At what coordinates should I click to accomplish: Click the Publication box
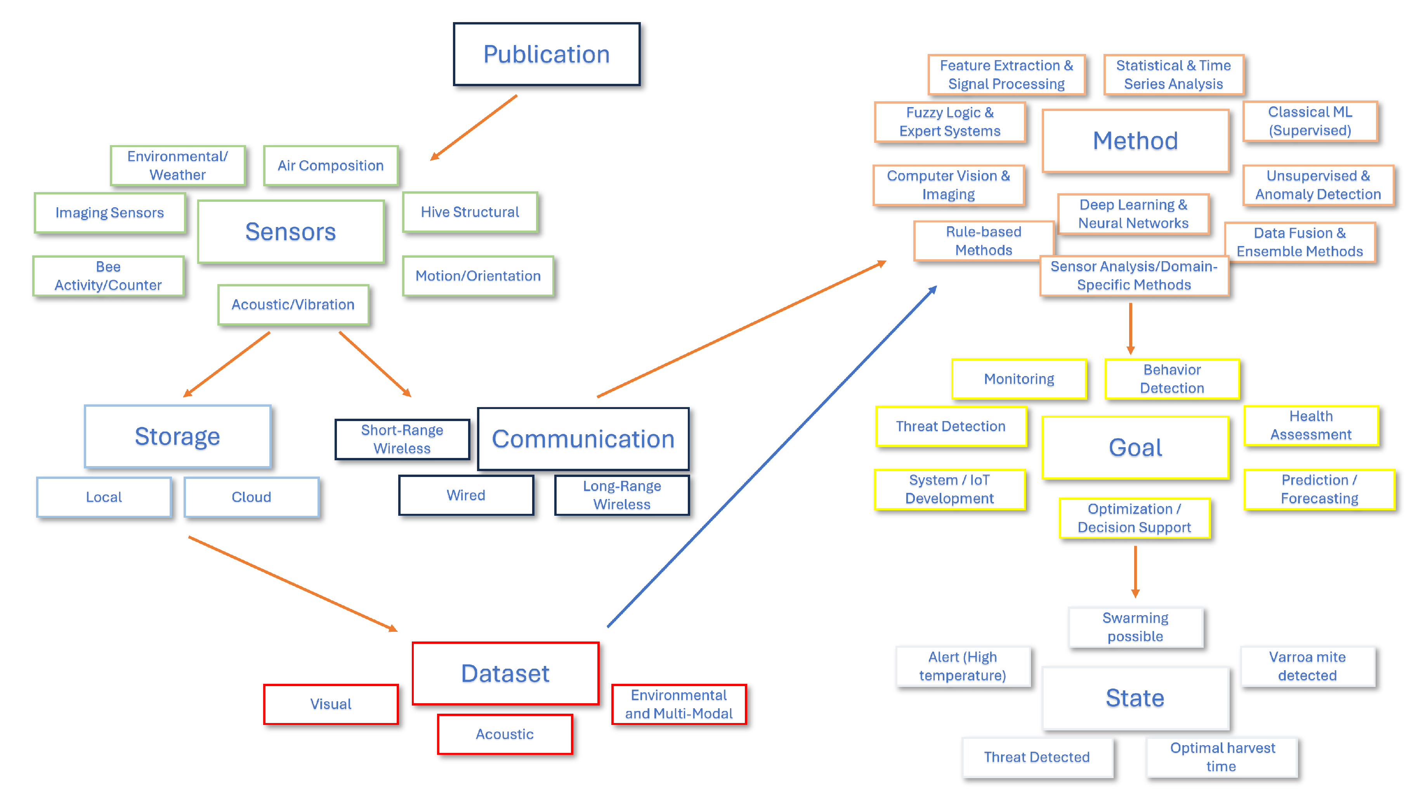[x=546, y=54]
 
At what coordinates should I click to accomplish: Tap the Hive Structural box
[x=470, y=212]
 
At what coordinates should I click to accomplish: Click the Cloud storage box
[x=251, y=497]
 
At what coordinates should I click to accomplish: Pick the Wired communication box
[x=466, y=495]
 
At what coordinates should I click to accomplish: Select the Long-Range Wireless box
[x=621, y=495]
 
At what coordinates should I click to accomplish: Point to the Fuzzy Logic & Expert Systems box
[x=949, y=122]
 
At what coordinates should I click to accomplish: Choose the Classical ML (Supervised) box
[x=1310, y=121]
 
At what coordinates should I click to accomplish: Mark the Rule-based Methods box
[x=984, y=241]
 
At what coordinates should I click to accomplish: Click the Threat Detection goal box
[x=950, y=426]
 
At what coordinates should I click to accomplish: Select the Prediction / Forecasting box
[x=1319, y=489]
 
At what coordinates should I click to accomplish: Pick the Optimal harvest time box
[x=1222, y=757]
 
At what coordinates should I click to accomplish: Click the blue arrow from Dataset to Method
[x=770, y=457]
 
